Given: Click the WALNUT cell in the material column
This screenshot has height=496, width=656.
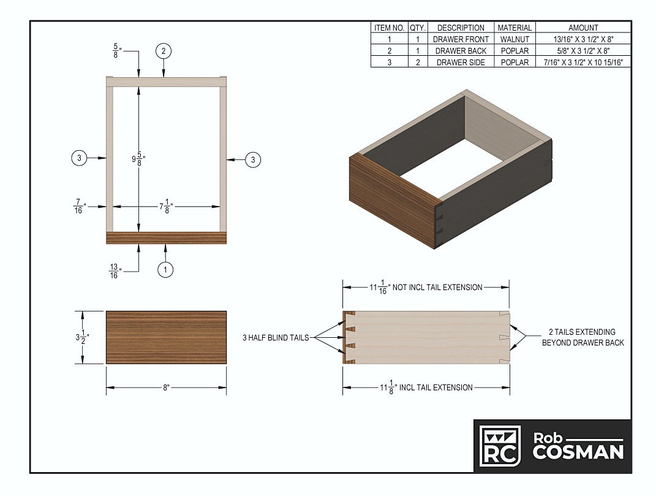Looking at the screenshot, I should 515,39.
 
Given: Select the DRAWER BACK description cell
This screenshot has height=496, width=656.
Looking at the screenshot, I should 461,51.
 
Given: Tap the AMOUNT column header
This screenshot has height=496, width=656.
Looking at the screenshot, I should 583,28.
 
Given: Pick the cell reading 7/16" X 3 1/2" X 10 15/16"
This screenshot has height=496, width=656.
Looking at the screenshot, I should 583,63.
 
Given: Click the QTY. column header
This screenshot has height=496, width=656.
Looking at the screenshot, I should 418,28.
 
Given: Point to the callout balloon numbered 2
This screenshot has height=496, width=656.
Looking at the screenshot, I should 164,51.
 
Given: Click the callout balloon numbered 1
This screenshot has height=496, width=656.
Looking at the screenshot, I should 165,269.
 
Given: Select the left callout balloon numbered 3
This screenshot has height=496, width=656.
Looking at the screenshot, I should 80,158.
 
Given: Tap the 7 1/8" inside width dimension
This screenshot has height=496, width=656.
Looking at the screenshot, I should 166,207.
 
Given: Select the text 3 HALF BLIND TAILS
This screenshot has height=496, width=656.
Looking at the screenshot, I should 275,337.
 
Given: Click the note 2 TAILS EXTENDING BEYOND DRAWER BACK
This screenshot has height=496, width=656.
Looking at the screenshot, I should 582,337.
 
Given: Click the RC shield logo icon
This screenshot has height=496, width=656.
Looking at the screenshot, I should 500,445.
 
